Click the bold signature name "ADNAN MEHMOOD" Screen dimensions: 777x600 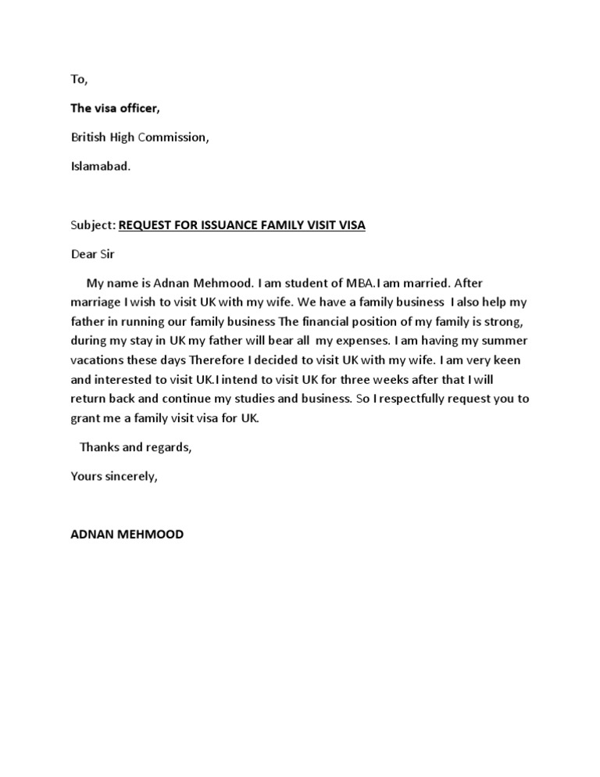point(127,535)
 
